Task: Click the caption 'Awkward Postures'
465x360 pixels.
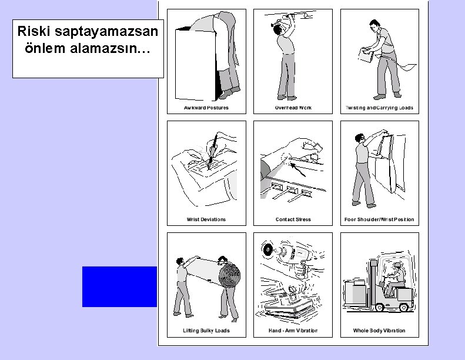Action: [x=206, y=108]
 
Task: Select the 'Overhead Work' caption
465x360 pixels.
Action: [x=293, y=108]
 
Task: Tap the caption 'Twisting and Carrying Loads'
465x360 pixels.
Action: [x=379, y=108]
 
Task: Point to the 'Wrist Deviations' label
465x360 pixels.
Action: [x=206, y=219]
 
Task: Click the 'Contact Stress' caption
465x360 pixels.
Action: [x=293, y=219]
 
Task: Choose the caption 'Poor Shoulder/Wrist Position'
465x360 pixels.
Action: [x=379, y=219]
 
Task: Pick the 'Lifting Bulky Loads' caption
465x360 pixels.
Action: [x=206, y=331]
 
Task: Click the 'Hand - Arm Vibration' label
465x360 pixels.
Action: [x=293, y=331]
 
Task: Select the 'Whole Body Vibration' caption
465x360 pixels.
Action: [x=379, y=331]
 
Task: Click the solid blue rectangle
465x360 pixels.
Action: [x=119, y=286]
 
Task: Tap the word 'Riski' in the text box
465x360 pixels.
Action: [x=34, y=30]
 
